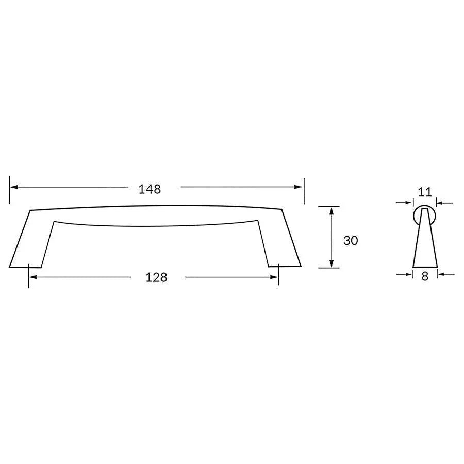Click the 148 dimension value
click(x=150, y=189)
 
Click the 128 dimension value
click(x=157, y=277)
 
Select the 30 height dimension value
click(x=351, y=241)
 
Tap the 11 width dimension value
click(x=424, y=193)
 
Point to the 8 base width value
click(x=425, y=276)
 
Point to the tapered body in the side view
click(x=425, y=242)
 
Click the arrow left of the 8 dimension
click(x=407, y=274)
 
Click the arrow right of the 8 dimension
click(x=442, y=274)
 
